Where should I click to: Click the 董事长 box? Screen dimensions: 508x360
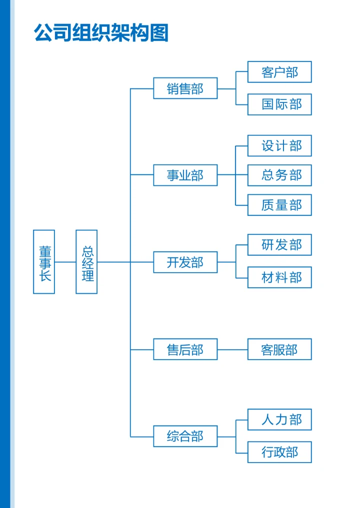pyautogui.click(x=44, y=262)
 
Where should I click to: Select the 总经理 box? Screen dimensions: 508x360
pyautogui.click(x=86, y=262)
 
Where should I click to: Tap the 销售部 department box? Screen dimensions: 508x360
pyautogui.click(x=185, y=88)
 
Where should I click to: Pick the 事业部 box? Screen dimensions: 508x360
pyautogui.click(x=185, y=175)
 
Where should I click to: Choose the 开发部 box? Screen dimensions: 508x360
pyautogui.click(x=185, y=262)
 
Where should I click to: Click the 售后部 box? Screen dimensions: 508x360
pyautogui.click(x=185, y=349)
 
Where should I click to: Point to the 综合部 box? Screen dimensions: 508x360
pyautogui.click(x=185, y=436)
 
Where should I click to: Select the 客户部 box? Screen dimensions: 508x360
pyautogui.click(x=279, y=72)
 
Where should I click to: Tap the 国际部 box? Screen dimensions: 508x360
pyautogui.click(x=279, y=104)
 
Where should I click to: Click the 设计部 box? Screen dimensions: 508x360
pyautogui.click(x=279, y=146)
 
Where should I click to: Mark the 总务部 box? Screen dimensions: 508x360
pyautogui.click(x=279, y=175)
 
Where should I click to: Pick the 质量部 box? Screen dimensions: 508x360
pyautogui.click(x=279, y=205)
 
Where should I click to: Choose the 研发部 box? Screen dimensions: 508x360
pyautogui.click(x=279, y=245)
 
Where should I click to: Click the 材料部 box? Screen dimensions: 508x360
pyautogui.click(x=279, y=277)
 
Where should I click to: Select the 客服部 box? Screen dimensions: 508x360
pyautogui.click(x=279, y=349)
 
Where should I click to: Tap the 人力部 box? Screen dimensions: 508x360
pyautogui.click(x=279, y=420)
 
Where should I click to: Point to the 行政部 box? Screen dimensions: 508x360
pyautogui.click(x=279, y=452)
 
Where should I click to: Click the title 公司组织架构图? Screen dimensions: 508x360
pyautogui.click(x=101, y=33)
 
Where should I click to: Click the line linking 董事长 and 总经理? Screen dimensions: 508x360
pyautogui.click(x=65, y=262)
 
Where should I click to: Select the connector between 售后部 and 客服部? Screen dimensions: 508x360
pyautogui.click(x=232, y=350)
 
